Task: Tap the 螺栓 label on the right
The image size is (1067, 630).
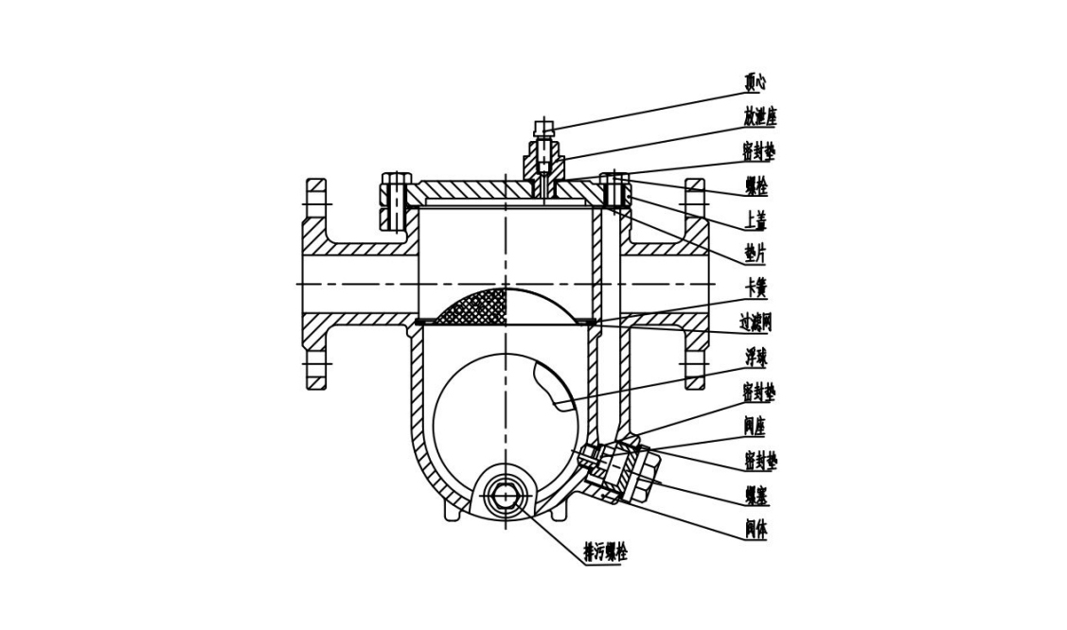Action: tap(756, 186)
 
